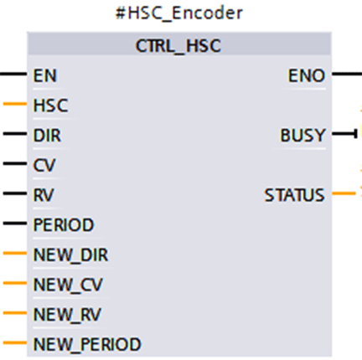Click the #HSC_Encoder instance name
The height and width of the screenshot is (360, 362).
pos(179,13)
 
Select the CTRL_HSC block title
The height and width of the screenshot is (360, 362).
pos(178,46)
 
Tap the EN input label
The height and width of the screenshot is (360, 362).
pos(45,75)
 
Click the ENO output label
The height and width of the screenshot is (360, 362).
pos(307,75)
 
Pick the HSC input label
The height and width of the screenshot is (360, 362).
pos(50,105)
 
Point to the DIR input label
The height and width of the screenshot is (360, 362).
pos(47,136)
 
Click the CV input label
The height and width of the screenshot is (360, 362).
pos(44,165)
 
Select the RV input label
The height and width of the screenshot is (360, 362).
pos(43,195)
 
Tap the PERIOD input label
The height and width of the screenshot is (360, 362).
pos(64,225)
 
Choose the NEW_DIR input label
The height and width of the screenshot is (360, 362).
pos(70,255)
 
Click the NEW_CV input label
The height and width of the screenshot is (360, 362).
pos(68,285)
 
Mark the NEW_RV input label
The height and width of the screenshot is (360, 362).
pos(67,315)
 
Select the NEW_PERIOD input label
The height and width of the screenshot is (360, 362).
pos(87,345)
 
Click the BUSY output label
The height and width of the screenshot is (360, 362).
pos(303,136)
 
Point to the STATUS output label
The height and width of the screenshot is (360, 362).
pos(295,195)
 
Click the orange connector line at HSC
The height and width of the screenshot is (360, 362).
pos(15,104)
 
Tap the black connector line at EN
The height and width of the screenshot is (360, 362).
pos(13,74)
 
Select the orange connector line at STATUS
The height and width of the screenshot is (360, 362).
pos(344,193)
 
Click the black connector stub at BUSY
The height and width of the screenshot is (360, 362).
pos(344,134)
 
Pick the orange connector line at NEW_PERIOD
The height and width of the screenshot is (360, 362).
pos(15,342)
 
